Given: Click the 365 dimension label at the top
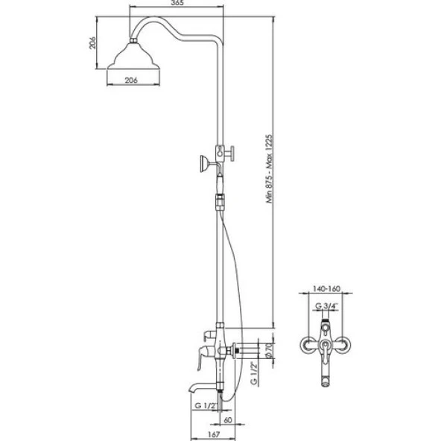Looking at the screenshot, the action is click(177, 3).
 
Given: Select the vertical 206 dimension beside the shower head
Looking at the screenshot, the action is click(92, 42).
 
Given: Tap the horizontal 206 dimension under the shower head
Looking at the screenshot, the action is click(131, 80).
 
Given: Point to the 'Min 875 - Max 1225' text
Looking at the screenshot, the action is click(270, 169).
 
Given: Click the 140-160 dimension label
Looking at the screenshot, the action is click(326, 288).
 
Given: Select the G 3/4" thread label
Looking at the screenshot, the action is click(326, 305).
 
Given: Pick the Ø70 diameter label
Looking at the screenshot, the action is click(269, 351).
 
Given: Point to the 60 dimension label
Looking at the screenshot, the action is click(228, 420).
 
